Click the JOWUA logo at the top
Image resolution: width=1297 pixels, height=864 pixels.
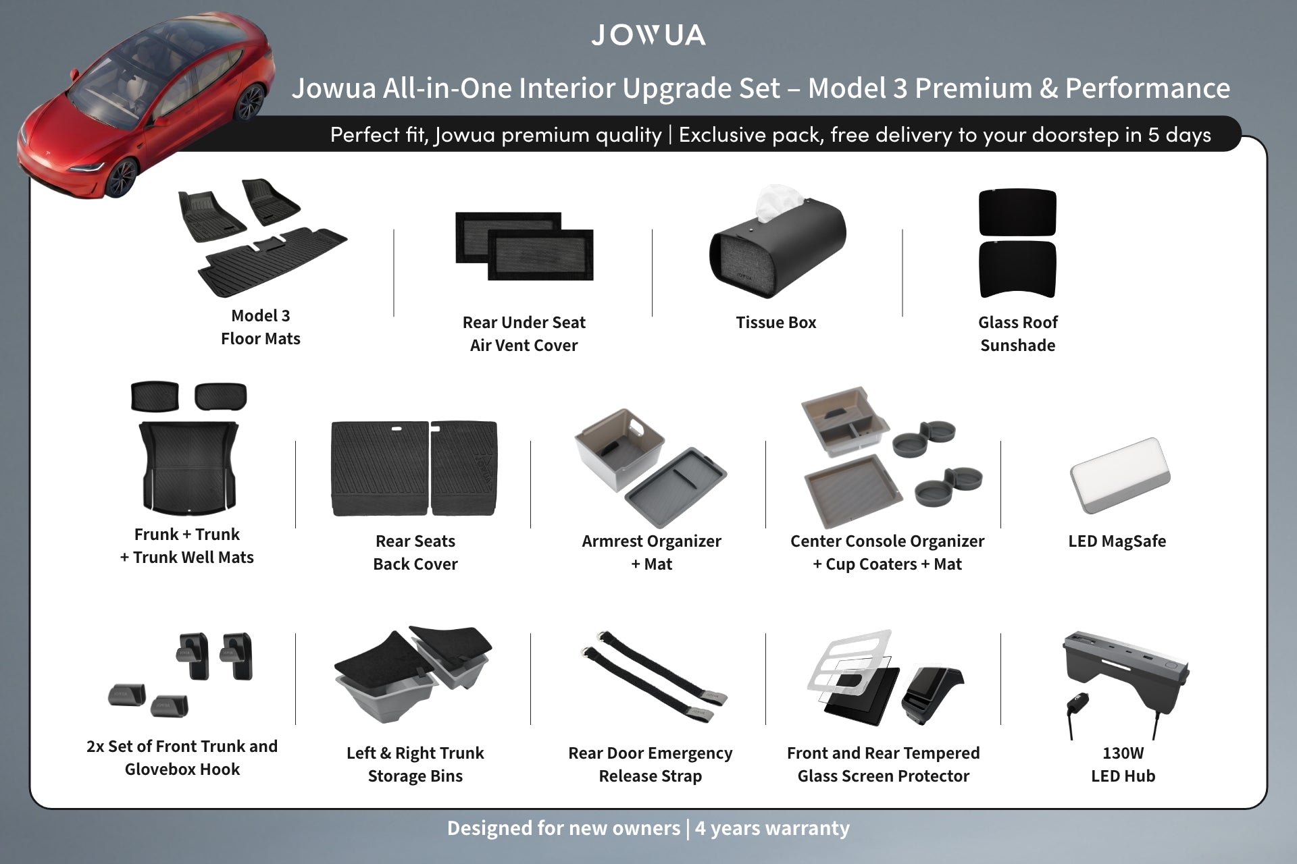tap(648, 35)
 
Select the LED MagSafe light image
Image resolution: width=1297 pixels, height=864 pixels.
tap(1119, 477)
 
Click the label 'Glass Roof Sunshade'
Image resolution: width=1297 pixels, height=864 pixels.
tap(1017, 333)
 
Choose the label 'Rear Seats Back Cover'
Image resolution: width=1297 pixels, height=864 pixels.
tap(415, 552)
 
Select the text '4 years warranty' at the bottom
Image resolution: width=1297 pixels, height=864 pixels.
tap(772, 828)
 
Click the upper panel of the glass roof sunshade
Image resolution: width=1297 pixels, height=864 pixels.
tap(1017, 213)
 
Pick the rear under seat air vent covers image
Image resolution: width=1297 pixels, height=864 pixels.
tap(524, 246)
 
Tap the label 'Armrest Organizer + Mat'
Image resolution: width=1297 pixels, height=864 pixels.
tap(651, 552)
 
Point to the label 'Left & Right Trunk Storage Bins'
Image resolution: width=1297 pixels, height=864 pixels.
tap(415, 764)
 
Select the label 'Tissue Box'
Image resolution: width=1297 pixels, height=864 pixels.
tap(775, 323)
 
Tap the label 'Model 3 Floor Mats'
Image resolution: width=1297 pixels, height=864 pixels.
tap(260, 327)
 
